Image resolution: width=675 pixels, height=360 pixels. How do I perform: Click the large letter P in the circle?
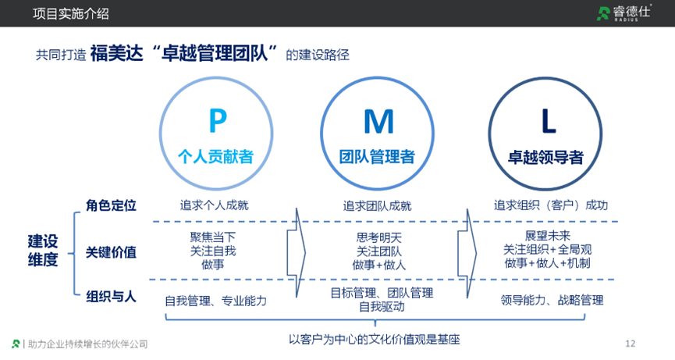point(218,120)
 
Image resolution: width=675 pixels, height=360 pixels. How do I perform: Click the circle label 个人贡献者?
point(216,156)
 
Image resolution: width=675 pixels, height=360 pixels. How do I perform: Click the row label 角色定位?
point(111,205)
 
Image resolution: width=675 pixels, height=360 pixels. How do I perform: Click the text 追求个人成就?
point(214,206)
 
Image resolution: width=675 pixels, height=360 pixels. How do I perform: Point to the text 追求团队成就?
point(377,206)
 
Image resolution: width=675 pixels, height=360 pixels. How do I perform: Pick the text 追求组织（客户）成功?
point(550,205)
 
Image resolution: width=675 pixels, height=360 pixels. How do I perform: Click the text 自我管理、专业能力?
point(216,301)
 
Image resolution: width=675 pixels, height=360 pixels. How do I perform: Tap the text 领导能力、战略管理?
point(552,300)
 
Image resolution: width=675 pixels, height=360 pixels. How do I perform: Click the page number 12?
point(631,344)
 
